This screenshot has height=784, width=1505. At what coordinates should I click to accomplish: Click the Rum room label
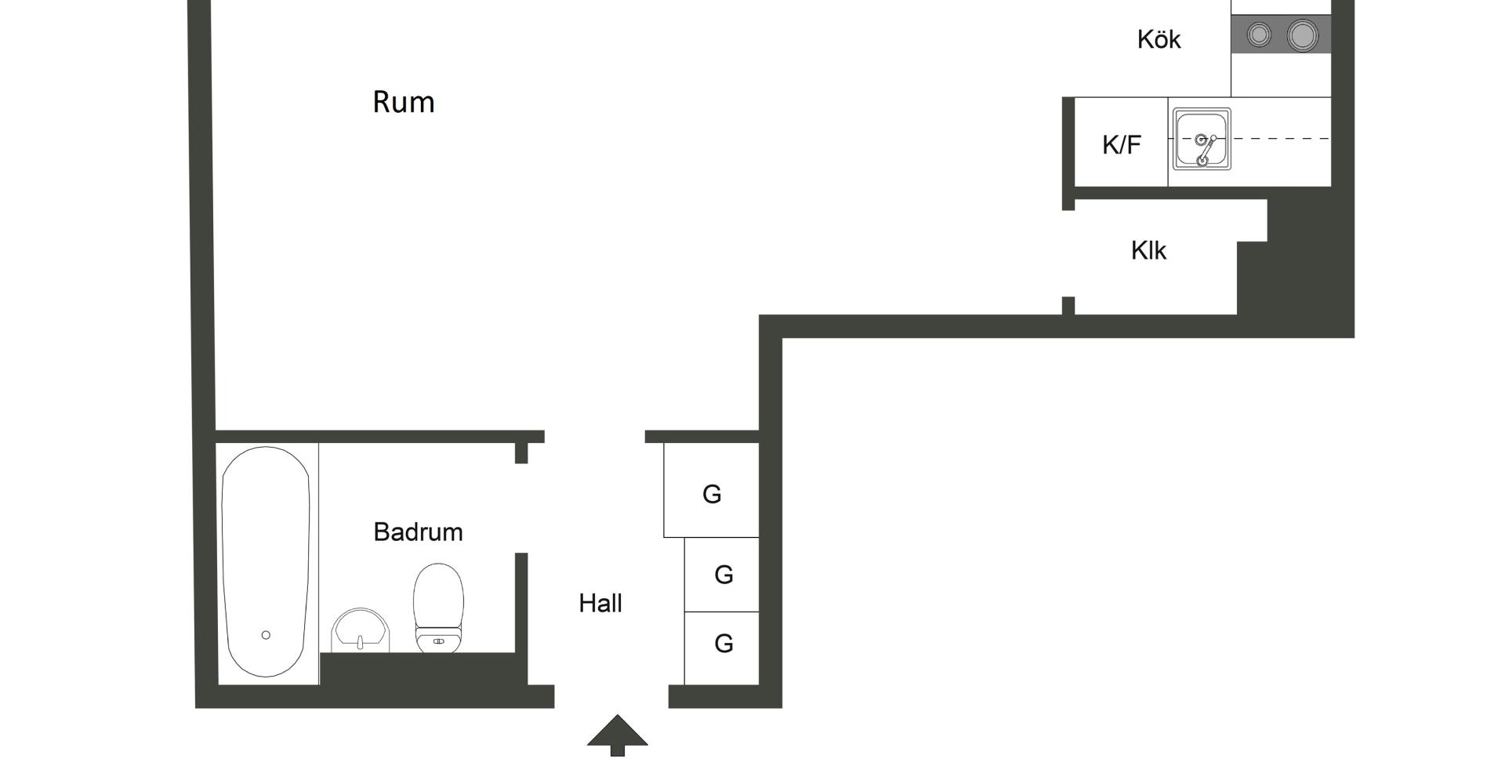coord(404,102)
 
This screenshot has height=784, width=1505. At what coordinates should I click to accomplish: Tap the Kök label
coord(1159,39)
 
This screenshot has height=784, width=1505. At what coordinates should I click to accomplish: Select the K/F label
coord(1121,145)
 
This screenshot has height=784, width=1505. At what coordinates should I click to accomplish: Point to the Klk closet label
coord(1148,251)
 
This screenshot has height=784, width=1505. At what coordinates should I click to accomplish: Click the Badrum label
coord(418,532)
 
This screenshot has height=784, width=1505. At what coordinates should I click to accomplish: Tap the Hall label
coord(600,604)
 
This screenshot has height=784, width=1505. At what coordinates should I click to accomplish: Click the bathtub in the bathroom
coord(266,549)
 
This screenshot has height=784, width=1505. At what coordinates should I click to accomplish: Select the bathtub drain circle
coord(266,635)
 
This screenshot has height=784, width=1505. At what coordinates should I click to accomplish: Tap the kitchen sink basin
coord(1202,139)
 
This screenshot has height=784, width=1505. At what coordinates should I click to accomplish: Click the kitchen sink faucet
coord(1206,149)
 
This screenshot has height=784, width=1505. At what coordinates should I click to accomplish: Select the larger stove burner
coord(1301,35)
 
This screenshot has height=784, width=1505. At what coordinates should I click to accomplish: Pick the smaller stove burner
coord(1259,35)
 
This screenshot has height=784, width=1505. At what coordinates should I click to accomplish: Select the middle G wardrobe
coord(722,575)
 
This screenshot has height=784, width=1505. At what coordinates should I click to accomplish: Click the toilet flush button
coord(438,641)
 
